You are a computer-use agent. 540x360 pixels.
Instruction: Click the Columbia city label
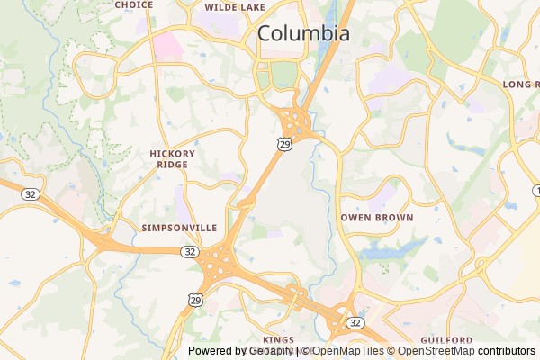(x=303, y=33)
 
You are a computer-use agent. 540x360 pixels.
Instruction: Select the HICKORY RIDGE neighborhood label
(x=172, y=159)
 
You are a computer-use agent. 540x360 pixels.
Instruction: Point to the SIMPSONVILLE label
(x=179, y=229)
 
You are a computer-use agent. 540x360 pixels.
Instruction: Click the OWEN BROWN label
(x=377, y=218)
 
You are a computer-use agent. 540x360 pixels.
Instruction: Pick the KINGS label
(x=280, y=339)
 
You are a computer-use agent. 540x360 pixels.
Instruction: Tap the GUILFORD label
(x=446, y=339)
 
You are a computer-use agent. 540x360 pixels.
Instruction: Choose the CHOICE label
(x=134, y=4)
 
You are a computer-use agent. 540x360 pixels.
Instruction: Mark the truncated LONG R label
(x=520, y=84)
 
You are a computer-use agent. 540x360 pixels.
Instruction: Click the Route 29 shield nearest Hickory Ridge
(x=283, y=143)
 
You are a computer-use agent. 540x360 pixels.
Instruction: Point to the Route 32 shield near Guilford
(x=355, y=321)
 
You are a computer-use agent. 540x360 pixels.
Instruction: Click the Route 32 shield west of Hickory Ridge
(x=31, y=193)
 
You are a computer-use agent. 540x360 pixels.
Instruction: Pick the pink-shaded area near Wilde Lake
(x=166, y=45)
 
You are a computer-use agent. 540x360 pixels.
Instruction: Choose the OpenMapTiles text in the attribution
(x=348, y=351)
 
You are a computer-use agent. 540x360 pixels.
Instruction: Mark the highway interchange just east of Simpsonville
(x=219, y=264)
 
